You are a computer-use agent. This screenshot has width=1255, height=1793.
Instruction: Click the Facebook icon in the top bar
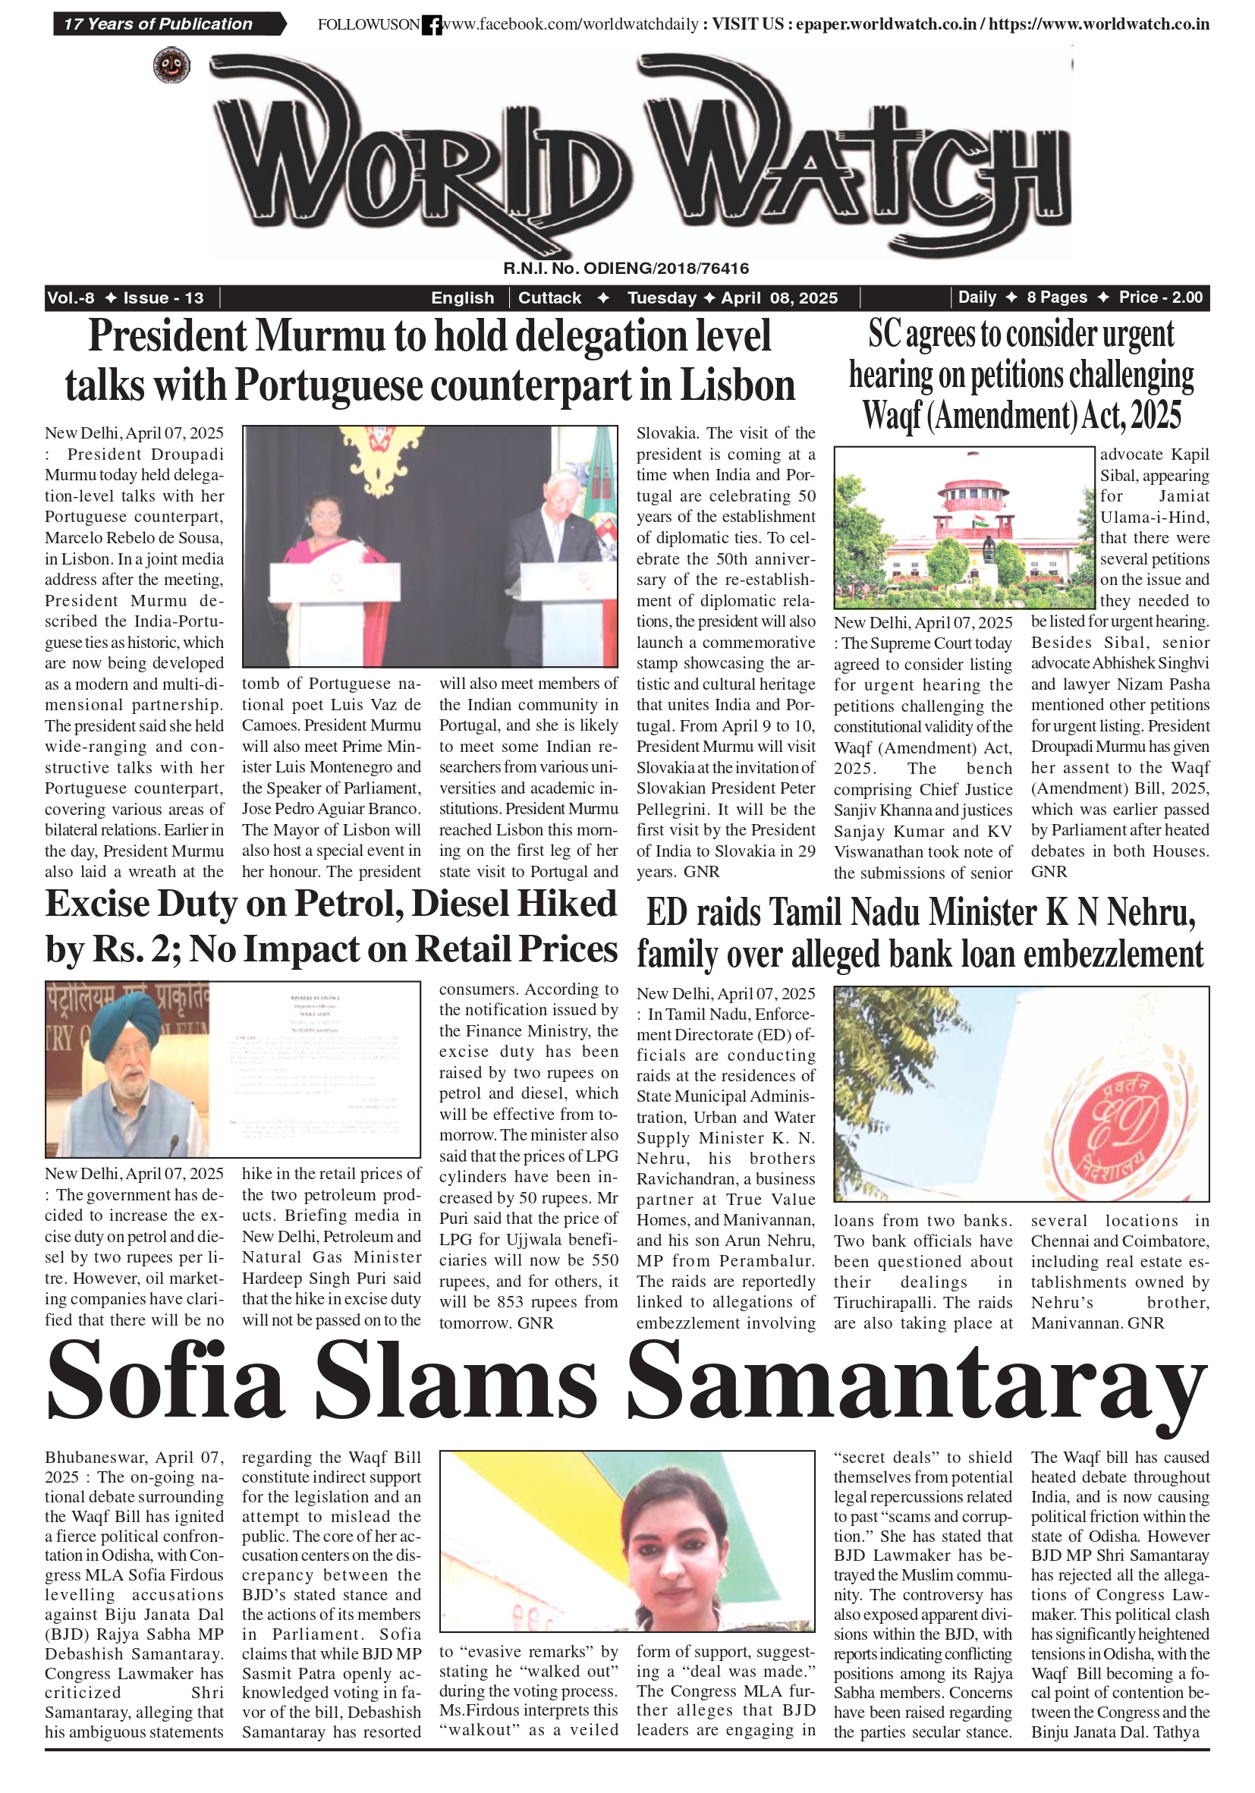point(431,26)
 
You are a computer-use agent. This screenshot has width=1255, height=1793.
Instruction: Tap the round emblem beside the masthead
point(171,65)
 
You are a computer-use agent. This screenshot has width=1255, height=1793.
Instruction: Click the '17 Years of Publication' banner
point(159,24)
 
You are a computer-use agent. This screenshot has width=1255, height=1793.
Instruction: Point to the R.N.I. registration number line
point(625,269)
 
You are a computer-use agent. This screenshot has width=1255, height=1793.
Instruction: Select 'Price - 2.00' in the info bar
point(1159,297)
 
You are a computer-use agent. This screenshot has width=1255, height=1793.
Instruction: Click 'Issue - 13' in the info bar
point(163,297)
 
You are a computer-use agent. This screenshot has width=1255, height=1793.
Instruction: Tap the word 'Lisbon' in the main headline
point(738,385)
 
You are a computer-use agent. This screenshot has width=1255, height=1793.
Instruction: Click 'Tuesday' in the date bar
point(662,297)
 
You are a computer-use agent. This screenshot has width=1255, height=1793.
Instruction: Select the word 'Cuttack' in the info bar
point(550,297)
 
